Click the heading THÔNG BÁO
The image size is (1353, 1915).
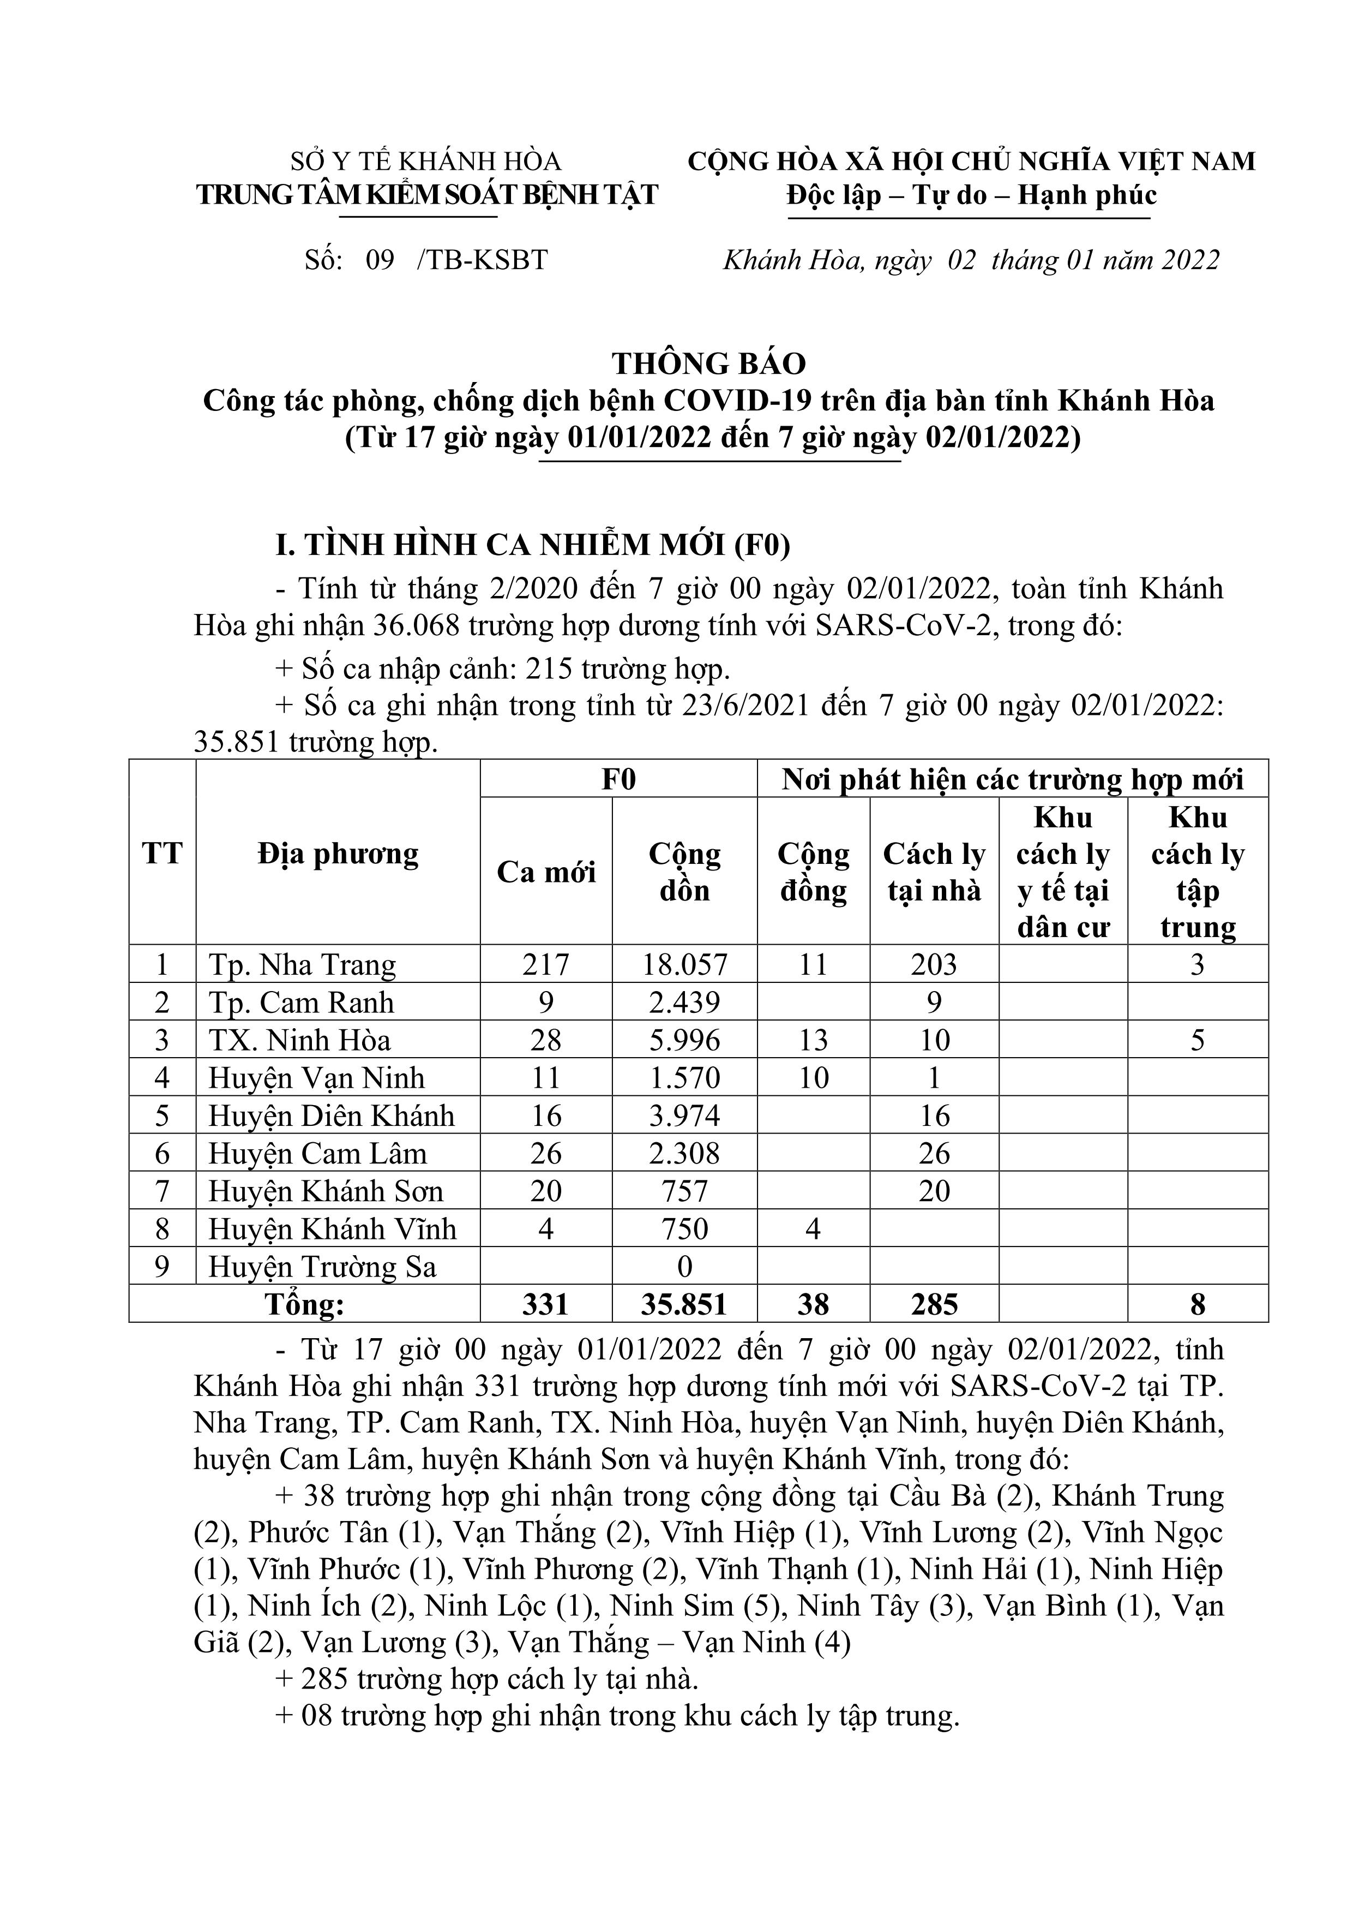[x=709, y=363]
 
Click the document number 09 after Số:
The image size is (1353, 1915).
[x=380, y=260]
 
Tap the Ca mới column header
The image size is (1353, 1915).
[x=546, y=872]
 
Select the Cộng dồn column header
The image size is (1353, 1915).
[x=684, y=872]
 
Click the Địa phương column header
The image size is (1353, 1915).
[x=338, y=853]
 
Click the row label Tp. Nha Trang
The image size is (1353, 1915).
[x=302, y=965]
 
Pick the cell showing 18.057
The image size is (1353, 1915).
[x=684, y=965]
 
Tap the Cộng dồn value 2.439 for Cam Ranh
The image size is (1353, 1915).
[x=684, y=1003]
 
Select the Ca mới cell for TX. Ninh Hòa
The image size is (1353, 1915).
[x=546, y=1040]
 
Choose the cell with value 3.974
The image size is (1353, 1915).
[x=684, y=1116]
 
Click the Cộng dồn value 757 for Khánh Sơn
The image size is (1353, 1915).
[x=684, y=1191]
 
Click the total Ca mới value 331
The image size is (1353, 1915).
[x=546, y=1304]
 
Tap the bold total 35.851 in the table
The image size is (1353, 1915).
[x=684, y=1304]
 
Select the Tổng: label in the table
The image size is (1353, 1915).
[x=304, y=1304]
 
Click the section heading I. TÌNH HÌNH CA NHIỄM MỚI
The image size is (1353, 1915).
[x=533, y=545]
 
